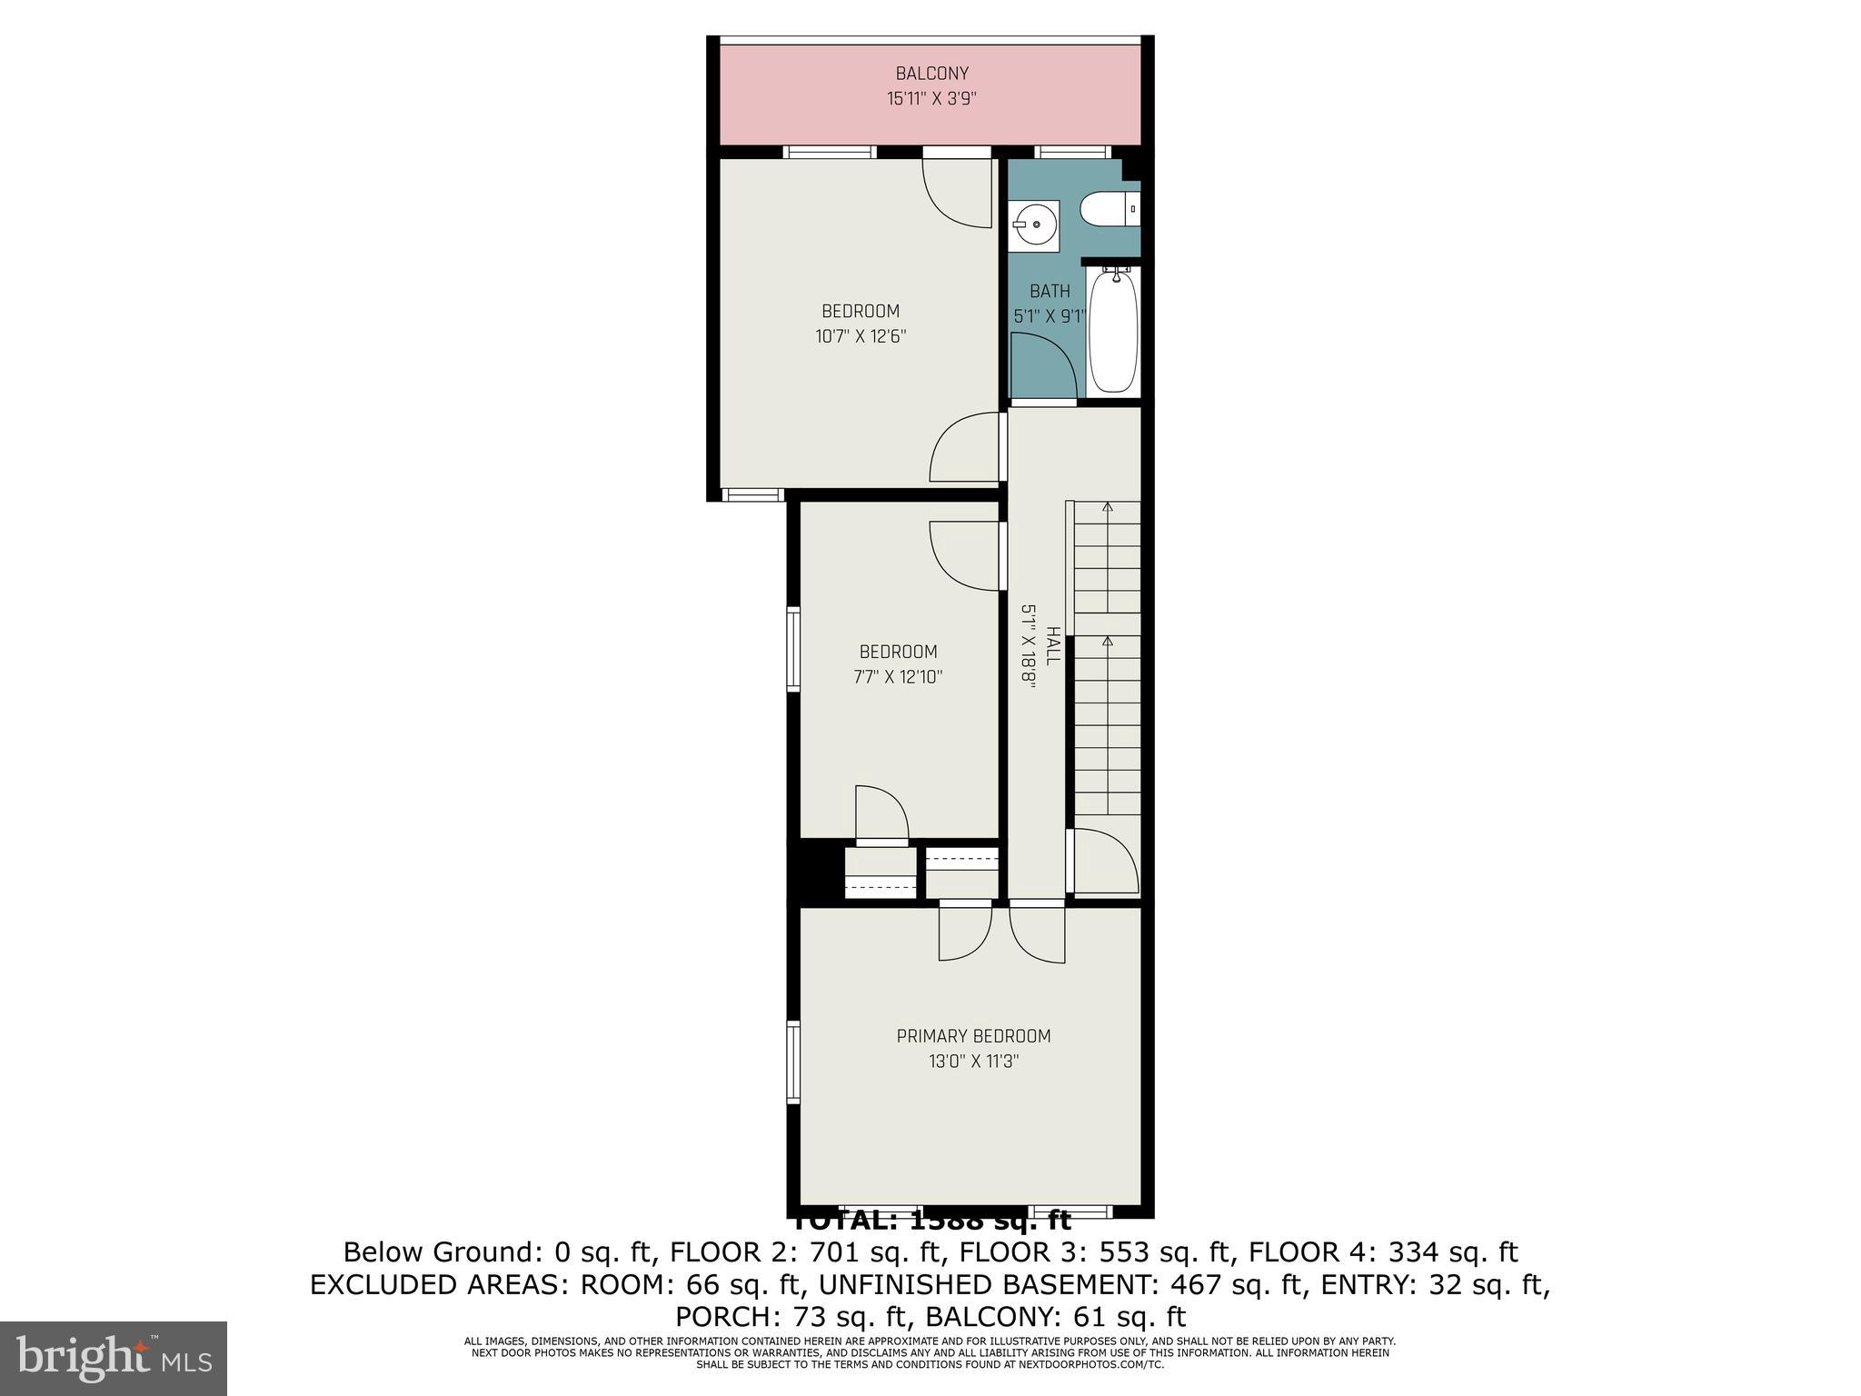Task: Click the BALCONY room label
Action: point(931,74)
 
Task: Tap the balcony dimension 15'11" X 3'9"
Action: point(931,98)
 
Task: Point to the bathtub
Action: point(1113,332)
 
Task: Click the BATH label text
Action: point(1050,292)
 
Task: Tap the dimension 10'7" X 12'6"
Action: point(861,336)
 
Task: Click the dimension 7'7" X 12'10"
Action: point(898,677)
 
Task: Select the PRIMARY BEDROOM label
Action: point(973,1036)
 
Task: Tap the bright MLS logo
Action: point(114,1358)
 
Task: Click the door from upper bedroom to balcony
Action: point(958,191)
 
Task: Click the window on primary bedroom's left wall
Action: point(793,1062)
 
